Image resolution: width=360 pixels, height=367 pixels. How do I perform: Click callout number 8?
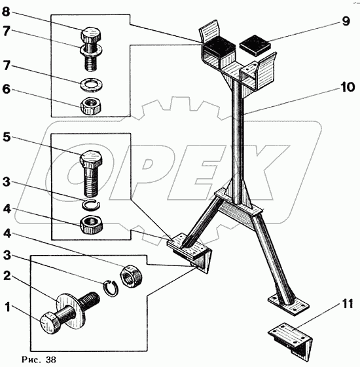(x=7, y=12)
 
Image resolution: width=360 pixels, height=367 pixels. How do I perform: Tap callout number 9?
(x=346, y=21)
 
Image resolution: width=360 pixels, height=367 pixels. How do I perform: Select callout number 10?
(x=347, y=87)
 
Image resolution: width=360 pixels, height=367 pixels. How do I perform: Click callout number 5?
(x=7, y=137)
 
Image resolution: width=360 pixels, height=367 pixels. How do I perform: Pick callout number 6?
(x=7, y=89)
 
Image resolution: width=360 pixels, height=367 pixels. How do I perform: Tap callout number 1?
(x=8, y=307)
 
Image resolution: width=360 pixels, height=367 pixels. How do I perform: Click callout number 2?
(x=7, y=276)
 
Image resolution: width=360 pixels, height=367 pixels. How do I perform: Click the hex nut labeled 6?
(x=92, y=106)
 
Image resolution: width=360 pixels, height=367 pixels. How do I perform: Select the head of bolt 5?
(x=91, y=159)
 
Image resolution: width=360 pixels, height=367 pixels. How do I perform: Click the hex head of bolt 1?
(x=50, y=322)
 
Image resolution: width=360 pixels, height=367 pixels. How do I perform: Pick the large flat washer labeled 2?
(x=71, y=309)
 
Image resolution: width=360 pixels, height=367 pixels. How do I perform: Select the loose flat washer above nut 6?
(x=92, y=85)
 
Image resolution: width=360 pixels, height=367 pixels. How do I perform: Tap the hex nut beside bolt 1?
(x=131, y=276)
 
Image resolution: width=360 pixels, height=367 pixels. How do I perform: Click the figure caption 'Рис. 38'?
(x=39, y=359)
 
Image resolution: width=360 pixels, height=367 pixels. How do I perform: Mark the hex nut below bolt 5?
(x=92, y=224)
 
